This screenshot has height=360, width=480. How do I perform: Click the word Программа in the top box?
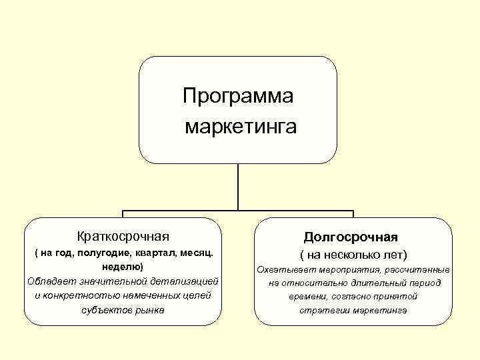[238, 97]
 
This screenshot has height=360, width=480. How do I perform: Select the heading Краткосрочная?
[123, 236]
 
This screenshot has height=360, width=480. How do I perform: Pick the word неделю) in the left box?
[123, 267]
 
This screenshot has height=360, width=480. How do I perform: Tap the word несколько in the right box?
[351, 255]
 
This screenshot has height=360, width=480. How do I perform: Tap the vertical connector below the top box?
[238, 188]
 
